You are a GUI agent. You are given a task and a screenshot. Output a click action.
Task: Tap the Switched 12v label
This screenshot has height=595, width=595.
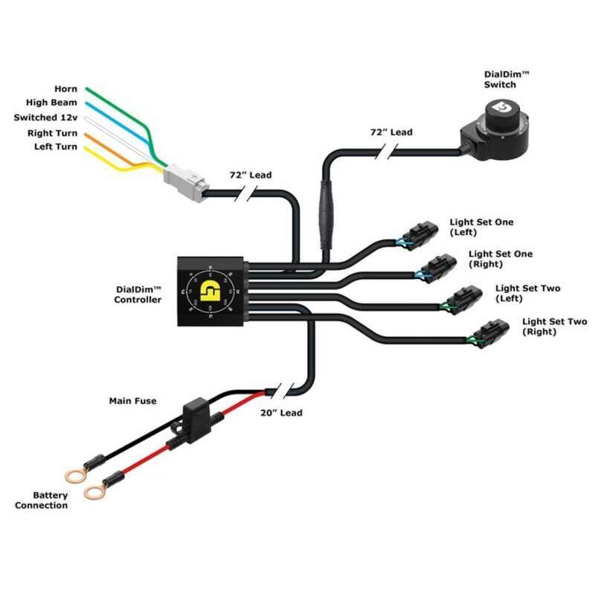(45, 118)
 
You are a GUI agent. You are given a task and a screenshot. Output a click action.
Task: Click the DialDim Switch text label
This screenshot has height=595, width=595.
(500, 79)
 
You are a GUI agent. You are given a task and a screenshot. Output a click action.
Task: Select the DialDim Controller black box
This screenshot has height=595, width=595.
(210, 291)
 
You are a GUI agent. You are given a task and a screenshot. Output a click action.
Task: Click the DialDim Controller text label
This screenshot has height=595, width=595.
(138, 295)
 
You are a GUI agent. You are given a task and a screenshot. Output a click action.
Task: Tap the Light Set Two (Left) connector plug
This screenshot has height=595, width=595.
(462, 298)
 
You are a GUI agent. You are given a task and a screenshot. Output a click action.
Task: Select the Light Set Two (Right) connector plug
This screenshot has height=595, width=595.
(492, 332)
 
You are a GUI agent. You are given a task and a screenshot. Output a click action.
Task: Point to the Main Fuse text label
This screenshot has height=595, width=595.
(133, 402)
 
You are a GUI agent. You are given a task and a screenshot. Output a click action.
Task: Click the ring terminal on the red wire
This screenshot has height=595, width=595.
(94, 491)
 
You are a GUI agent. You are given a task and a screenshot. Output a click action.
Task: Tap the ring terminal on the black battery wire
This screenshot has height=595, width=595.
(72, 474)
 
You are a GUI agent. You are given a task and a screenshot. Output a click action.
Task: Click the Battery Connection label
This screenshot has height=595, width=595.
(41, 501)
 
